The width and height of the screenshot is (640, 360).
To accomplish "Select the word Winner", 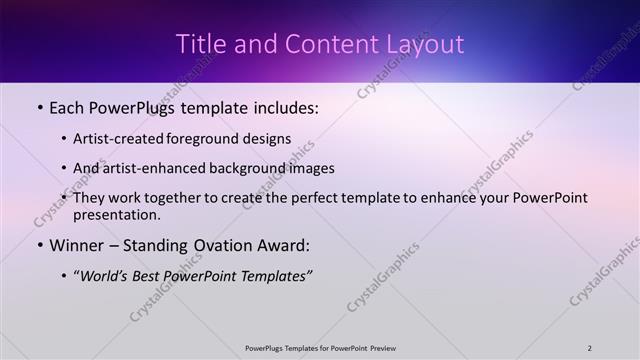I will [x=76, y=245].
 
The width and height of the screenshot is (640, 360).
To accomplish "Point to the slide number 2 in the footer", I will [x=590, y=348].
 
